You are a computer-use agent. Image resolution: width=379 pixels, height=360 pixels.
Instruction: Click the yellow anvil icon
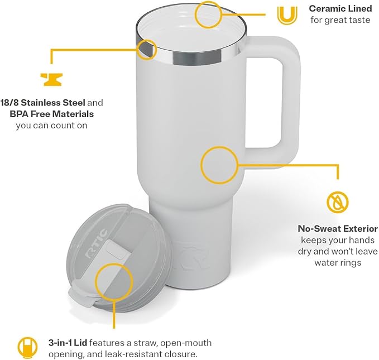pos(51,78)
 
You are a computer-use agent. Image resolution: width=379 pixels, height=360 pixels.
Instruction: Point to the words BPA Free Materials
pos(52,114)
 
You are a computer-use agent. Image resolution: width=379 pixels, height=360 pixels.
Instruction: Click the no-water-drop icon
pos(337,201)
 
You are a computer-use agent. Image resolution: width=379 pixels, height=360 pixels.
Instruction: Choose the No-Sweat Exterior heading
pos(338,229)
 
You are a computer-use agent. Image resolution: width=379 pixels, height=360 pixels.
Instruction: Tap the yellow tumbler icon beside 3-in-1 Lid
pos(25,346)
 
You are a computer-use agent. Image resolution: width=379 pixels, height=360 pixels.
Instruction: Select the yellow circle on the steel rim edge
pos(147,49)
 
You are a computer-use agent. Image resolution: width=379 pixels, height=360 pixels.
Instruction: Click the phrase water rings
pos(338,263)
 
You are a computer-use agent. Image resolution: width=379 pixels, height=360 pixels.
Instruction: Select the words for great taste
pos(340,20)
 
